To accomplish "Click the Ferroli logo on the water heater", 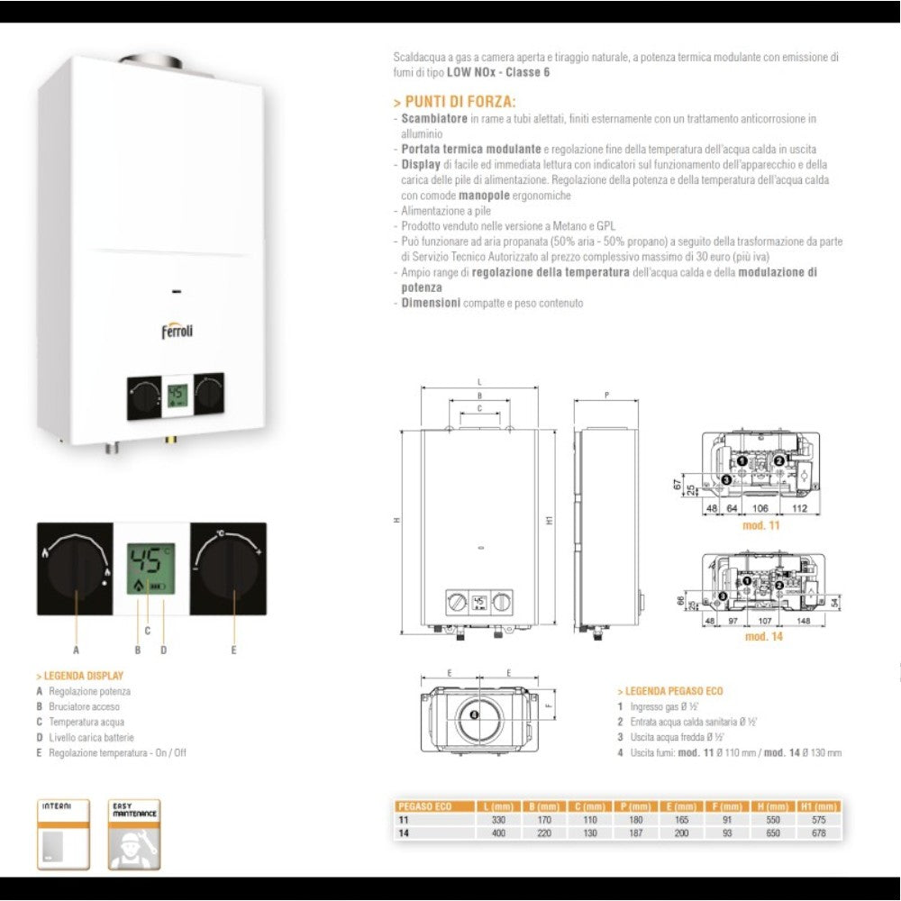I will tap(177, 331).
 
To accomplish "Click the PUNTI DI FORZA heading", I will tap(460, 102).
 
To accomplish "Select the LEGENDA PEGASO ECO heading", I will tap(672, 691).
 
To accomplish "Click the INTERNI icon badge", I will tap(62, 834).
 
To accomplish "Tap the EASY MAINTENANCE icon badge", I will tap(134, 834).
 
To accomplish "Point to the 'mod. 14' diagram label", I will tap(762, 637).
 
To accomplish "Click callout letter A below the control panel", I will tap(77, 650).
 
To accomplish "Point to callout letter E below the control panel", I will tap(233, 650).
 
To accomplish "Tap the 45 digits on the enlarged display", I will tap(147, 561).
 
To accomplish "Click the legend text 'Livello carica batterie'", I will tap(91, 737).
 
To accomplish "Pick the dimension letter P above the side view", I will tap(607, 395).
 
